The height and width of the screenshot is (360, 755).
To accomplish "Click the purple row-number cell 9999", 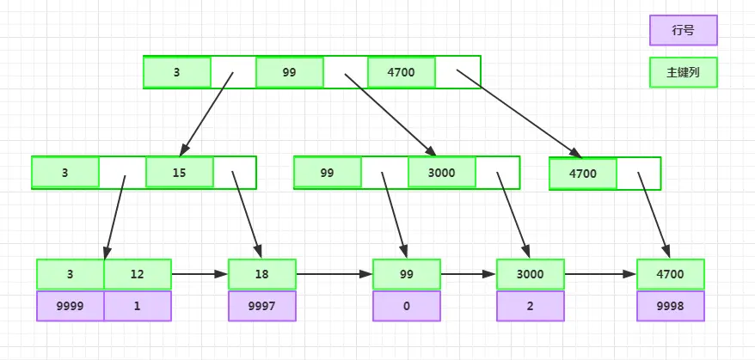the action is [x=71, y=306].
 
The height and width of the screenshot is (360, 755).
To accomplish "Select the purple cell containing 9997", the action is [x=262, y=306].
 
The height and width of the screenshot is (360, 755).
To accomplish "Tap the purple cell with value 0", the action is [x=407, y=306].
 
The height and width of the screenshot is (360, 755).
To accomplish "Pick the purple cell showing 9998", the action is [x=670, y=306].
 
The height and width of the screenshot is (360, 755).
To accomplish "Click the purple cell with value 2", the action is [x=531, y=306].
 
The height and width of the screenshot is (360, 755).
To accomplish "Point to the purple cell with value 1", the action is [x=138, y=306].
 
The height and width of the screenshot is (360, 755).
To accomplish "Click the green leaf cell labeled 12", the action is [x=138, y=274].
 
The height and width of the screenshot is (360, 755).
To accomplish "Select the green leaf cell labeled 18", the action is [x=262, y=274].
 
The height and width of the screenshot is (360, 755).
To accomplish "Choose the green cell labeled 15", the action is [x=180, y=173].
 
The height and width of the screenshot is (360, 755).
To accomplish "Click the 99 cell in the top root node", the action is [x=290, y=73].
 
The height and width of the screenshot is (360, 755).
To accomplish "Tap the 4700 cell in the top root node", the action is [x=401, y=73].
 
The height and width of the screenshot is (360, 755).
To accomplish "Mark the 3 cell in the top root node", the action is [x=177, y=73].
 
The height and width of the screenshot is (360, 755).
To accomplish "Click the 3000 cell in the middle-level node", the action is [x=441, y=173].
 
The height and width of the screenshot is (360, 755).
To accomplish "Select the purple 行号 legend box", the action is [x=684, y=30].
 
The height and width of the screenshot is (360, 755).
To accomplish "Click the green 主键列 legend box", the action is [x=684, y=73].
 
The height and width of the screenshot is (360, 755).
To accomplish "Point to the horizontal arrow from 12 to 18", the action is [x=199, y=274].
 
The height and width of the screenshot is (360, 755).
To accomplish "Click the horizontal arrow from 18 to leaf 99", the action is [x=335, y=274].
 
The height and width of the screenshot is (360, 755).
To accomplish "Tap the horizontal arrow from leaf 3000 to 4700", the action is [x=600, y=274].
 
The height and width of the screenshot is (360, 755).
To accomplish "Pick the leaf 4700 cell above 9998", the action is [x=670, y=274].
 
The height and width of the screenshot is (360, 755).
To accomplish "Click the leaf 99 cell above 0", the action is [x=407, y=274].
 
